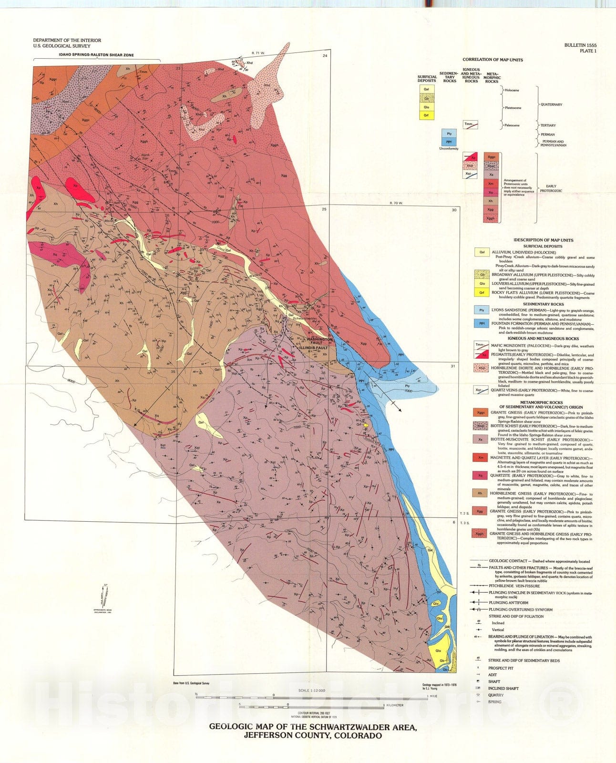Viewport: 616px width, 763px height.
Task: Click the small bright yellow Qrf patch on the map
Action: coord(366,424)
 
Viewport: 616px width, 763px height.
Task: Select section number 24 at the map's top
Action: coord(325,56)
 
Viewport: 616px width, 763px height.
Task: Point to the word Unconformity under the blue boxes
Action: coord(449,149)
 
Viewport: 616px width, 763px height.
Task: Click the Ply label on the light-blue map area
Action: coord(407,386)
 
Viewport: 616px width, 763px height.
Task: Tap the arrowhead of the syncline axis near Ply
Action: coord(400,410)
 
